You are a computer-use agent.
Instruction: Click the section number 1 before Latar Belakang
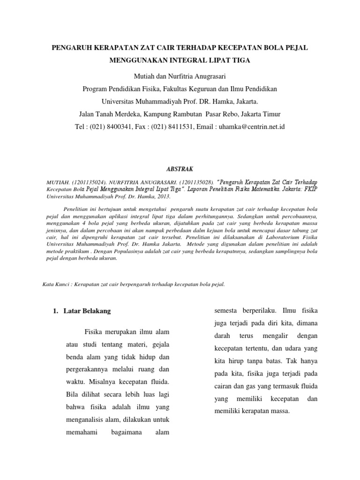point(54,311)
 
